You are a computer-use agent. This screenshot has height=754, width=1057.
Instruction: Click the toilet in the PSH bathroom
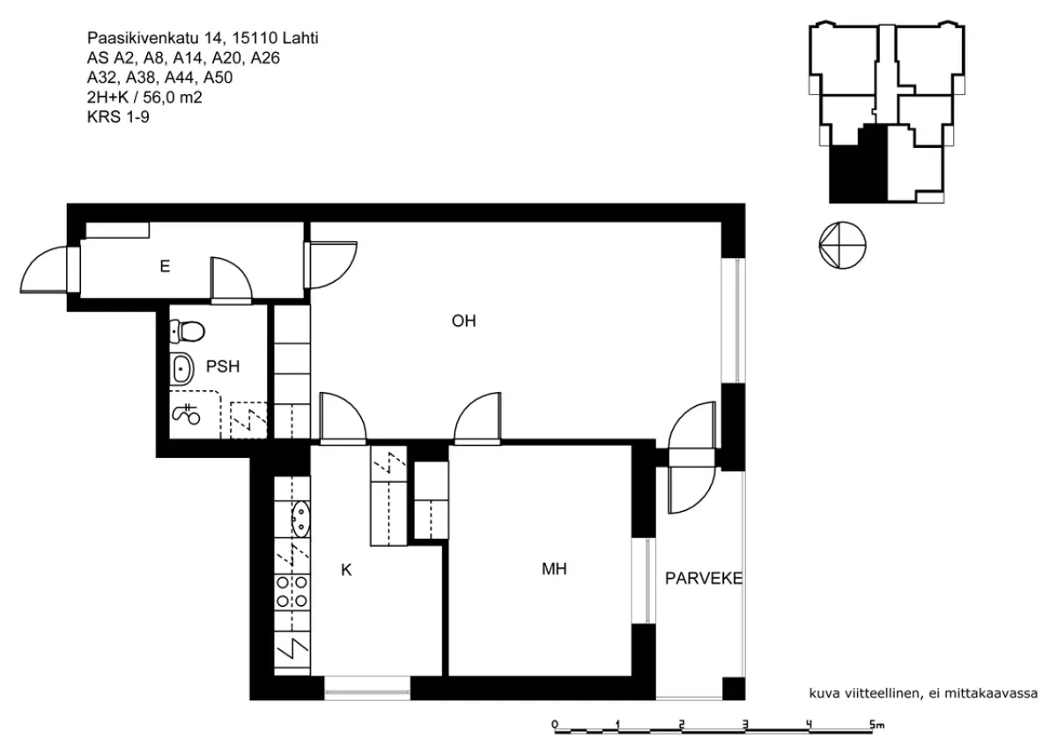point(187,331)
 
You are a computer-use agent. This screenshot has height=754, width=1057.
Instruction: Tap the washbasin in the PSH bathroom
point(181,369)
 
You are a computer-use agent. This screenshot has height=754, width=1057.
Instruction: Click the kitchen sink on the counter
point(300,520)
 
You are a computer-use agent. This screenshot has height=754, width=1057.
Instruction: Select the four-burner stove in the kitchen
point(292,592)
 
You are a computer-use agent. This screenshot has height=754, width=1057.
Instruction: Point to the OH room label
point(463,321)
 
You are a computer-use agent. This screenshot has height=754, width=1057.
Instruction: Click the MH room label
point(554,569)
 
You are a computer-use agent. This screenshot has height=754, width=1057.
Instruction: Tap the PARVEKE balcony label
point(704,579)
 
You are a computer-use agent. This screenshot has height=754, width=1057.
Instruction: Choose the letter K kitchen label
point(346,570)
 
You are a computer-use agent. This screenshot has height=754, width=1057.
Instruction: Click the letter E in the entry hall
point(165,266)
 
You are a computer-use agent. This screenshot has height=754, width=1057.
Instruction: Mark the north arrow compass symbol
point(842,246)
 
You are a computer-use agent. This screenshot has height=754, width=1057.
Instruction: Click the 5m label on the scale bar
point(876,725)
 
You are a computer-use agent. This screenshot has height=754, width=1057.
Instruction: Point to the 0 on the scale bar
point(554,724)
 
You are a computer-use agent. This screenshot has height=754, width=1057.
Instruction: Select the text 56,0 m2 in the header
point(173,97)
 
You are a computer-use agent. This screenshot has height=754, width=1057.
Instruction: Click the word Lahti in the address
point(300,38)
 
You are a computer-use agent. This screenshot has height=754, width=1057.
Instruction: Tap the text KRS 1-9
point(118,116)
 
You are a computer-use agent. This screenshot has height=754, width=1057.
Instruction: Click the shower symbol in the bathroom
point(187,414)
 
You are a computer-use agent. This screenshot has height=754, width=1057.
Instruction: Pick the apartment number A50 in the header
point(218,78)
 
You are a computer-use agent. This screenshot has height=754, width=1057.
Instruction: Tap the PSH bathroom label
point(223,366)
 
